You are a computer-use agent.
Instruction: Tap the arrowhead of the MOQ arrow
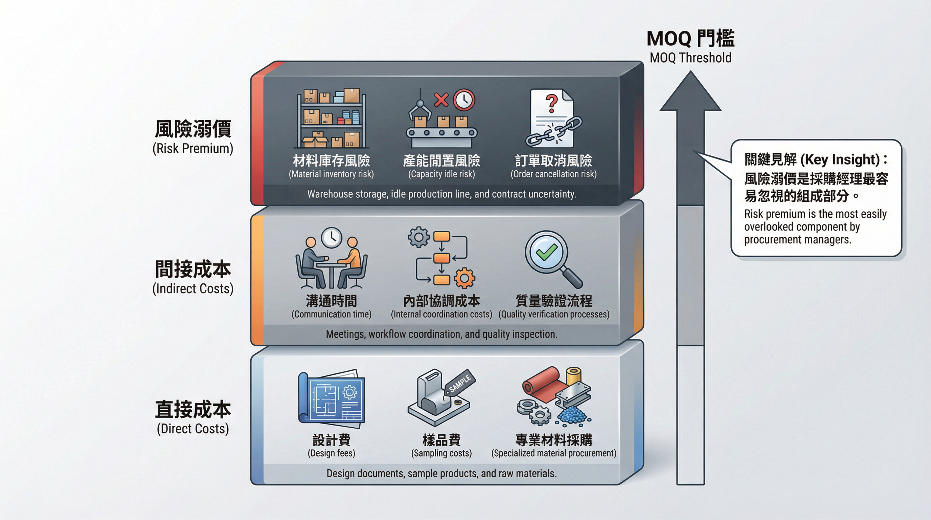point(690,92)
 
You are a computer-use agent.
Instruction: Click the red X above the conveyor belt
point(441,100)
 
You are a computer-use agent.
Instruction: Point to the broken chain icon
point(553,132)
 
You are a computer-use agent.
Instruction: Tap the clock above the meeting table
point(332,238)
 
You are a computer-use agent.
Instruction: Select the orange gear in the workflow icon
point(464,278)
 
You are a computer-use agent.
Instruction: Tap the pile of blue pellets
point(573,414)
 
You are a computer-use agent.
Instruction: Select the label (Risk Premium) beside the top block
point(192,149)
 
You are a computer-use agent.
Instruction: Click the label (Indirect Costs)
point(192,288)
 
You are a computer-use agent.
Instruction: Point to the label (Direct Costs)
point(192,429)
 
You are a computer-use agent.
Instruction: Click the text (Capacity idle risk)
point(441,174)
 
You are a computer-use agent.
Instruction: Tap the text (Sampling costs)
point(441,453)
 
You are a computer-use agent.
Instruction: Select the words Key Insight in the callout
point(840,159)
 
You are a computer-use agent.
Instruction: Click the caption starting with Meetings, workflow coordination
point(441,334)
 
